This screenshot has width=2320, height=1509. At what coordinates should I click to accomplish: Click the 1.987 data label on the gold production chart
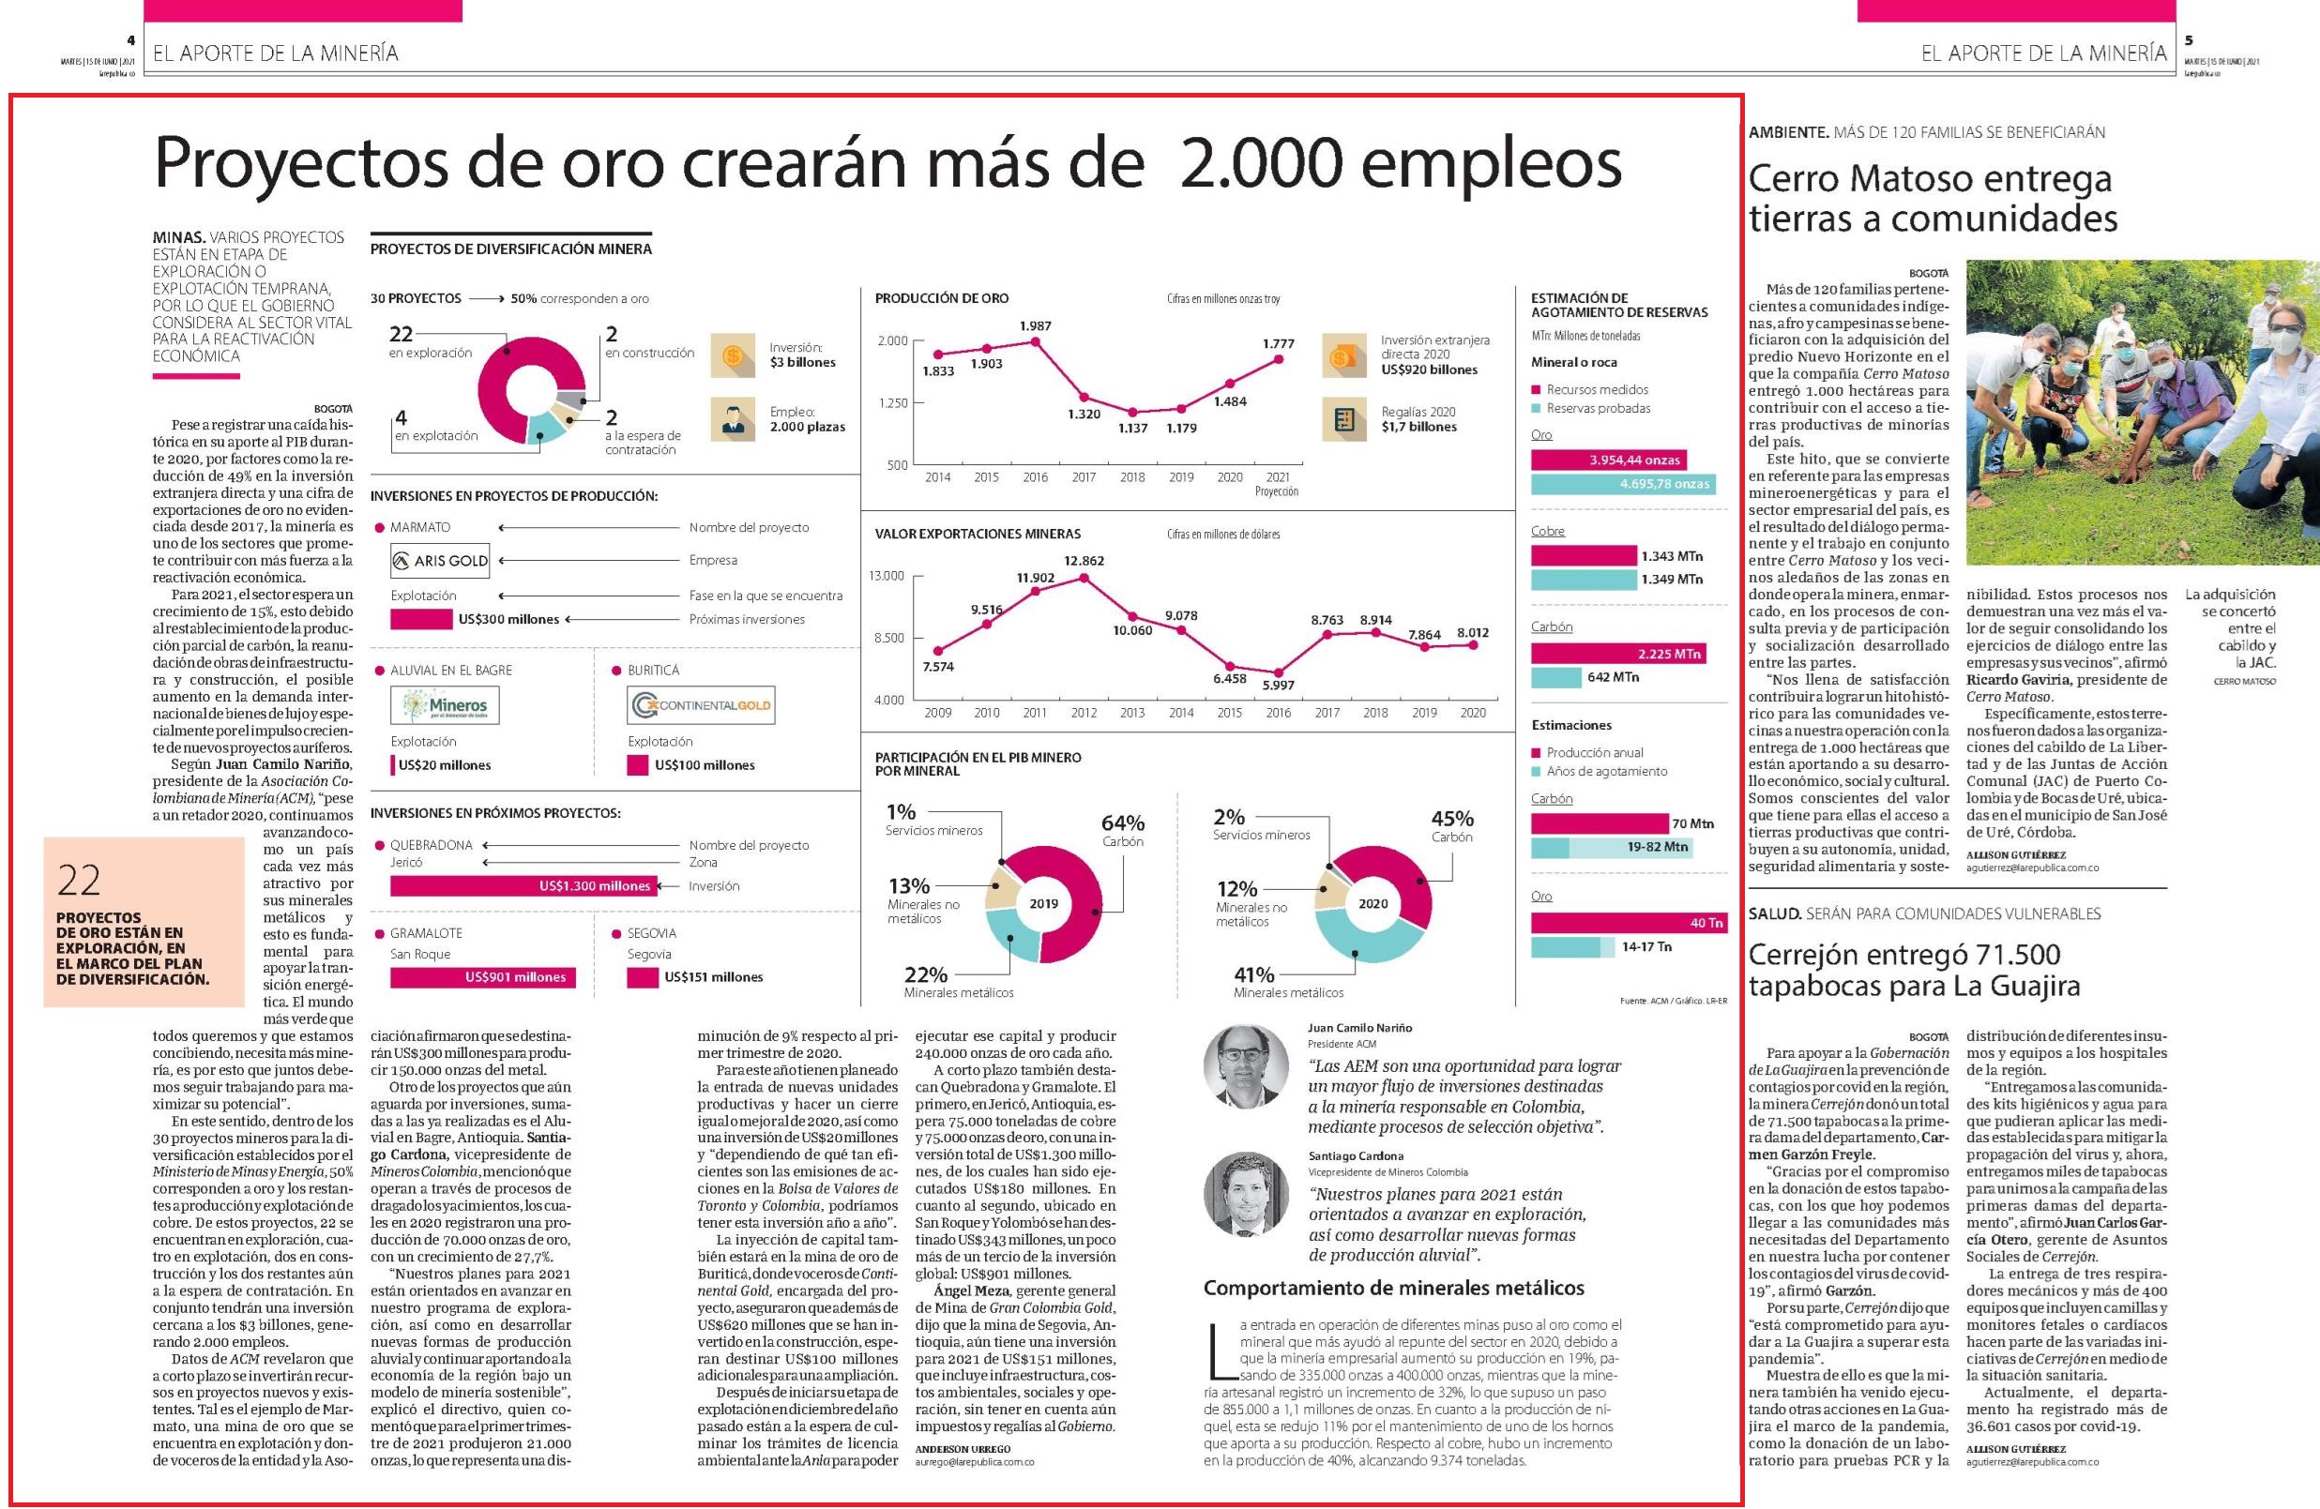(x=1035, y=325)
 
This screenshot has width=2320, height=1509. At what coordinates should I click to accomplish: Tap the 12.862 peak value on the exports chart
(x=1084, y=561)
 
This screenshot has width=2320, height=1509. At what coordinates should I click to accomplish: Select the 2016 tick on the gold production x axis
(x=1035, y=477)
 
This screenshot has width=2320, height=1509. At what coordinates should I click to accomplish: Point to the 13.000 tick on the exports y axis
(x=887, y=576)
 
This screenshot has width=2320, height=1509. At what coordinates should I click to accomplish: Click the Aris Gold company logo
(x=439, y=561)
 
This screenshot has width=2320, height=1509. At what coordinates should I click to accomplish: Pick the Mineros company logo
(x=444, y=704)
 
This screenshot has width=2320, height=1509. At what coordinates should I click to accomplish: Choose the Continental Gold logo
(x=701, y=704)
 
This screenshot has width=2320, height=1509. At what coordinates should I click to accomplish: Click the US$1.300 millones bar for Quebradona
(x=523, y=886)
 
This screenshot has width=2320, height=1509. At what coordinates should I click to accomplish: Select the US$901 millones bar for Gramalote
(x=482, y=976)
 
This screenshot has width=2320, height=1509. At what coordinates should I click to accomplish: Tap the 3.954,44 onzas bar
(x=1608, y=460)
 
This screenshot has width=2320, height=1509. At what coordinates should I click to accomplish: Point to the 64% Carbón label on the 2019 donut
(x=1123, y=831)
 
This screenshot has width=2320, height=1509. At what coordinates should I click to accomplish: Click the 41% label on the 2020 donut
(x=1253, y=973)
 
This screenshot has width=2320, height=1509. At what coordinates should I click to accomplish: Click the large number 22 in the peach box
(x=79, y=882)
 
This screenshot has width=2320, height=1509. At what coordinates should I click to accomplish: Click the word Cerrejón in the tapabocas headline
(x=1812, y=955)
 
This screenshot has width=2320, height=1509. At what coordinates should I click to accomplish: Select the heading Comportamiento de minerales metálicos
(x=1395, y=1288)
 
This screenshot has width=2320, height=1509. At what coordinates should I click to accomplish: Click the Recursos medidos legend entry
(x=1590, y=390)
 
